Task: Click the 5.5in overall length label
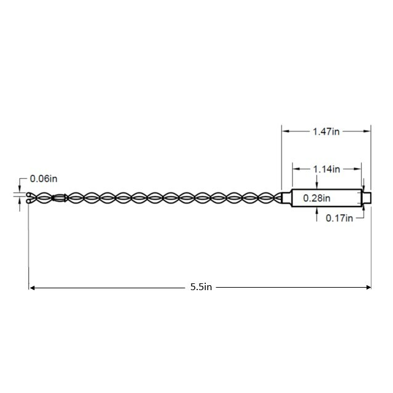click(201, 286)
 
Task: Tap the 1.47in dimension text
click(326, 132)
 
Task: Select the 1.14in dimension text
click(326, 169)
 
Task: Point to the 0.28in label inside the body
click(317, 198)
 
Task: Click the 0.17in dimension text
click(339, 218)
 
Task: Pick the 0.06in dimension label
click(44, 179)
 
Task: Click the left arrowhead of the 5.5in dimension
click(32, 288)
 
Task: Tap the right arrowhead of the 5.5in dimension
click(368, 287)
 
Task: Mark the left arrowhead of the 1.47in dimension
click(285, 131)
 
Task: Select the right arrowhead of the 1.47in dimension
click(367, 131)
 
